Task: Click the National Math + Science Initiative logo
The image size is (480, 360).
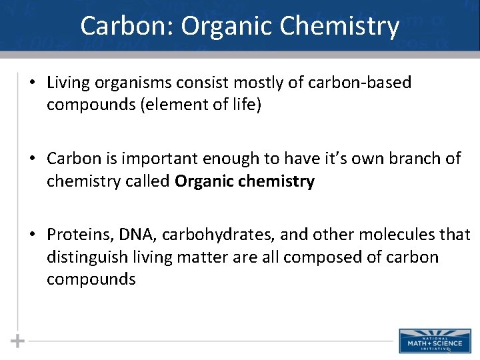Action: pos(430,341)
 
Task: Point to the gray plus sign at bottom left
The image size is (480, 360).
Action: pos(18,341)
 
